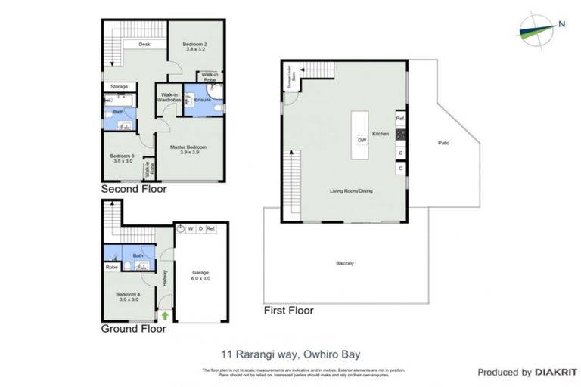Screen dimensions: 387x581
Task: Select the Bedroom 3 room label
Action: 122,157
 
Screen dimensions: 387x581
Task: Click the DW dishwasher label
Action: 362,140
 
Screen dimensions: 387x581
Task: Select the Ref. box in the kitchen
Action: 400,119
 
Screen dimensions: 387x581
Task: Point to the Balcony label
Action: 345,263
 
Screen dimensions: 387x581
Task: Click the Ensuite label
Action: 202,100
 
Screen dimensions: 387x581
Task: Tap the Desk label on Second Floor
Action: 144,45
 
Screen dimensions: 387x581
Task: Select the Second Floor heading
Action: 134,190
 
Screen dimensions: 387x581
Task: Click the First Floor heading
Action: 287,310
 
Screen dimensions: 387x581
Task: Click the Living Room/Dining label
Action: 350,190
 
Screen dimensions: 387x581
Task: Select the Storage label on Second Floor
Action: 119,87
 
